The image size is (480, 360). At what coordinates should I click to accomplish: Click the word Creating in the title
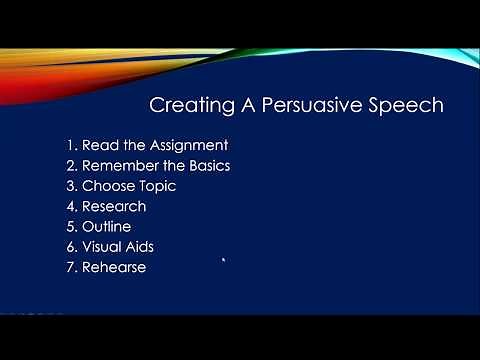pyautogui.click(x=185, y=105)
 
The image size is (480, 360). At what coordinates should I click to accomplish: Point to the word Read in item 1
pyautogui.click(x=102, y=145)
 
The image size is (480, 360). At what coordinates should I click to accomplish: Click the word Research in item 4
pyautogui.click(x=114, y=206)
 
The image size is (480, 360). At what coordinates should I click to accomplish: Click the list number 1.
pyautogui.click(x=71, y=145)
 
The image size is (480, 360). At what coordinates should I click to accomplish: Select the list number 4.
pyautogui.click(x=71, y=206)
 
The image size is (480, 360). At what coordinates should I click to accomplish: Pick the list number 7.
pyautogui.click(x=71, y=267)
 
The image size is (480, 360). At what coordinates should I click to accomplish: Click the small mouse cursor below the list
pyautogui.click(x=224, y=262)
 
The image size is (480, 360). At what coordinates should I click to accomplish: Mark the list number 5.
pyautogui.click(x=71, y=226)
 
